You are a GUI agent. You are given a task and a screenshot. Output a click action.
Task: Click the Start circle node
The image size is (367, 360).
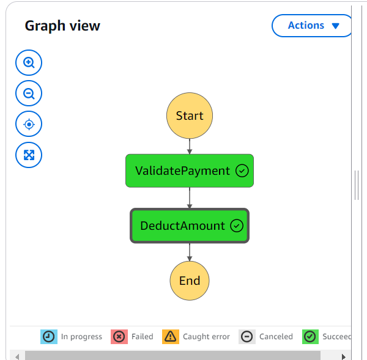coord(190,116)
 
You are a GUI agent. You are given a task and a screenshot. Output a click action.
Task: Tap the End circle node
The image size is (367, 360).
coord(190,281)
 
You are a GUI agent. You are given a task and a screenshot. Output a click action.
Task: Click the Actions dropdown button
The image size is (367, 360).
coord(312,26)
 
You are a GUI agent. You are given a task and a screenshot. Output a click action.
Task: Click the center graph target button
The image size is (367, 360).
coord(29,124)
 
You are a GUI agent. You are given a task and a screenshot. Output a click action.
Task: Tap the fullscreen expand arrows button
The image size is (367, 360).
coord(29,155)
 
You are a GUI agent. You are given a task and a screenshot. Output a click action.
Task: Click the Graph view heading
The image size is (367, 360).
coord(62,26)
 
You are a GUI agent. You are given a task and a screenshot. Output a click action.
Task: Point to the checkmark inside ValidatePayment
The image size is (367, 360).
coord(242,171)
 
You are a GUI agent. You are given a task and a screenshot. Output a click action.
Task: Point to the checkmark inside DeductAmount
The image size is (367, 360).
coord(237,226)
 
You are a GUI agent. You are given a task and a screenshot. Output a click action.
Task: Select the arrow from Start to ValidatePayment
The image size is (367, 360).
coord(190,146)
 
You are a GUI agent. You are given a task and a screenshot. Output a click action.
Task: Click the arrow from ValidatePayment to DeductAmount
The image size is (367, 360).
coord(190,198)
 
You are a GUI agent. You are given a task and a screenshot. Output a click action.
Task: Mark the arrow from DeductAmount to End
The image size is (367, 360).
coord(190,252)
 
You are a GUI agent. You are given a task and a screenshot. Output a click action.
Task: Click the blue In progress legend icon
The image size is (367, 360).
coord(48,337)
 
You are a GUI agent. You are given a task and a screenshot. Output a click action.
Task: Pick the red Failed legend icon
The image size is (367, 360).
coord(119,337)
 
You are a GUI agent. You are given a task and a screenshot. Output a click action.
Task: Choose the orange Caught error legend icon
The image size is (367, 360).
coord(170,337)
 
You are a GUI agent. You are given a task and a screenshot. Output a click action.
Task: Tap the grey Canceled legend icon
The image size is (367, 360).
coord(247,337)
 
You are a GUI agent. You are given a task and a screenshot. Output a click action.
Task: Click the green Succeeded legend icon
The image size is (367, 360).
coord(310,337)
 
